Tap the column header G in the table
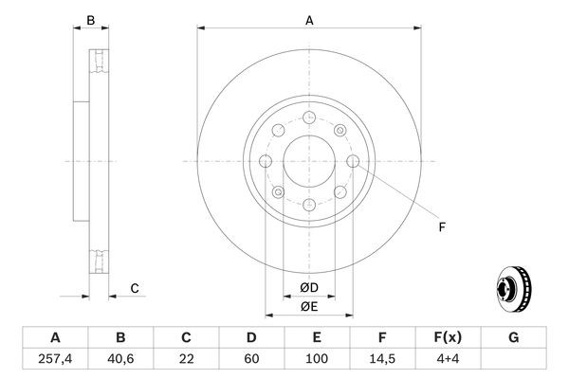point(514,336)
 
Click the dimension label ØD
point(309,287)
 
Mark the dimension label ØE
point(309,306)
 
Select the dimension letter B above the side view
point(91,18)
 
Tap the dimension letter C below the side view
point(135,288)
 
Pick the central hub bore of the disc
point(309,161)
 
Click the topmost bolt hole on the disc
point(309,118)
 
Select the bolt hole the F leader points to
point(352,162)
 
